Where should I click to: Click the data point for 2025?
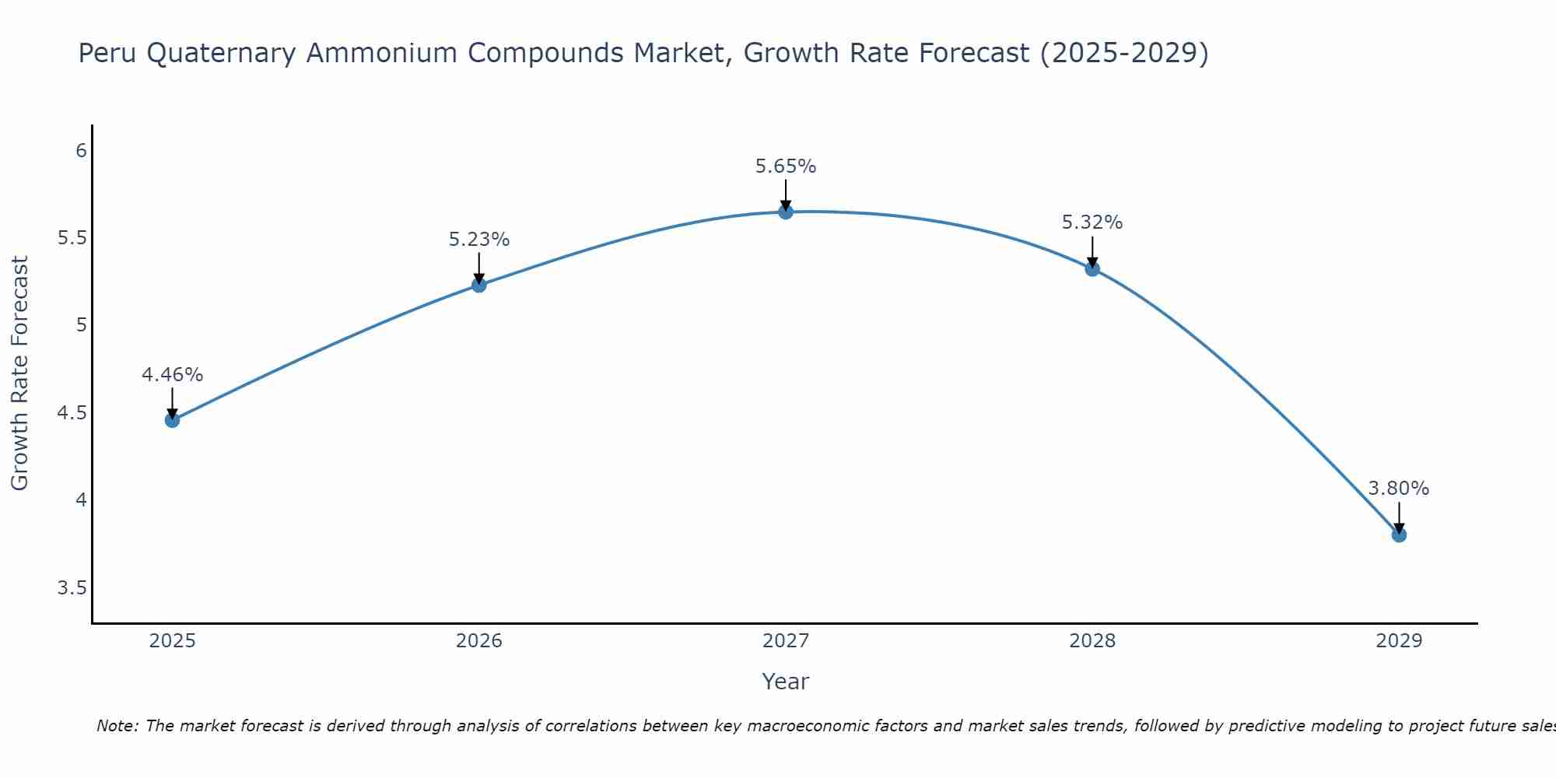click(172, 420)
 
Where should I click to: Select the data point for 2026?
click(478, 285)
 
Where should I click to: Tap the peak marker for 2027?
click(786, 212)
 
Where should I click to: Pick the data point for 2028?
click(1092, 269)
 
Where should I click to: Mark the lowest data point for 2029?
click(1399, 534)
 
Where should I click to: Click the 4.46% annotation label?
click(172, 375)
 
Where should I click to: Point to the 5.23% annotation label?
click(478, 240)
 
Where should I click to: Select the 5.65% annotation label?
click(786, 166)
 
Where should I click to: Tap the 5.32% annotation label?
click(1092, 223)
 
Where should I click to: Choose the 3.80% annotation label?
click(1399, 489)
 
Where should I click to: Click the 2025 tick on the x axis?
click(172, 641)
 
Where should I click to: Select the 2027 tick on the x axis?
click(786, 641)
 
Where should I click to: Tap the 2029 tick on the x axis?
click(1399, 641)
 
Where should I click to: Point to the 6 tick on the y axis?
click(81, 150)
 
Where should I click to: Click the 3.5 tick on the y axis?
click(72, 587)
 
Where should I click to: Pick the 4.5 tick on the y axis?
click(72, 412)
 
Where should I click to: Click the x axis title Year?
click(786, 682)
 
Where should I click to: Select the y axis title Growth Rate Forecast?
click(19, 373)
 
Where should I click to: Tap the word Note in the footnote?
click(117, 726)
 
